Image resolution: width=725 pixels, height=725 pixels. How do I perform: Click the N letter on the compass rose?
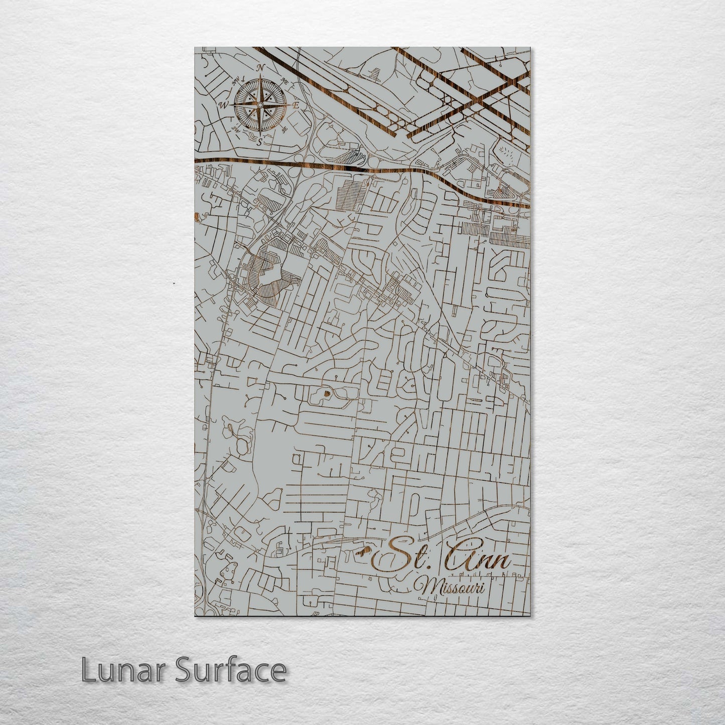tap(260, 68)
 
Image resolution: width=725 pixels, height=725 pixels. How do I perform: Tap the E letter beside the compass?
tap(296, 105)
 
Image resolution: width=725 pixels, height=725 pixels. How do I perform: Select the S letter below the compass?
tap(259, 142)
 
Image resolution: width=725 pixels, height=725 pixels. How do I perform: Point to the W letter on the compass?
tap(224, 105)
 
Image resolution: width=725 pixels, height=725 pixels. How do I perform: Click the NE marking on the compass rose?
tap(285, 80)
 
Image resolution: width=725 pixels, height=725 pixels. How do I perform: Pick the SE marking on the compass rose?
tap(284, 129)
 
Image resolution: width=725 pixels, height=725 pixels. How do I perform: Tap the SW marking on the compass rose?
tap(235, 129)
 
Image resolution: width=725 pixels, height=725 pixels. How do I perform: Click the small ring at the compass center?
tap(260, 104)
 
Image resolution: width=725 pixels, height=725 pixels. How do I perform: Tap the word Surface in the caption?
tap(230, 669)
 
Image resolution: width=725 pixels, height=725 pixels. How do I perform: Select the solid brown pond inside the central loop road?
tap(327, 393)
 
